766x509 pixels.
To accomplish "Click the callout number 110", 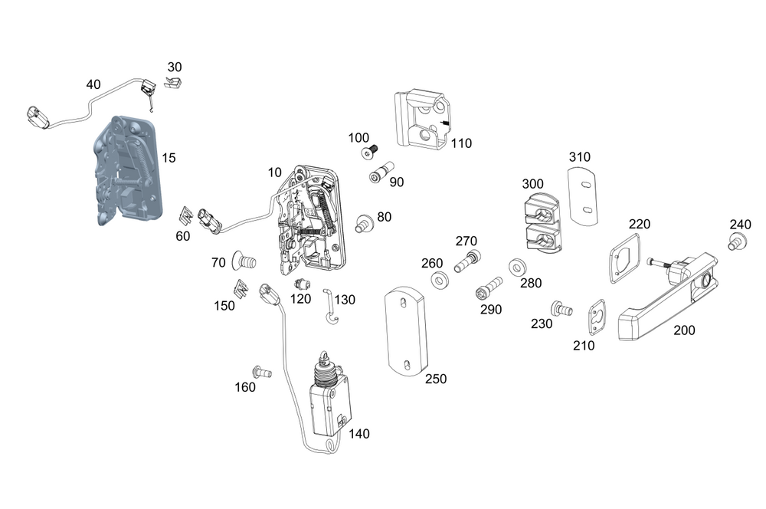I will tap(461, 143).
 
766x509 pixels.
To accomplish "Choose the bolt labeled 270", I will tap(466, 261).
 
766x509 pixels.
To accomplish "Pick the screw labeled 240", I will tap(736, 243).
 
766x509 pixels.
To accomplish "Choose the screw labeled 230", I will tap(562, 310).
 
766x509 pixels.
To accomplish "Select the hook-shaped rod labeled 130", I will tap(330, 307).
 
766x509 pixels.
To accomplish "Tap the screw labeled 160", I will tap(263, 373).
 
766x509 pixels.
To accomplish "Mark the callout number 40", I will tap(93, 84).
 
